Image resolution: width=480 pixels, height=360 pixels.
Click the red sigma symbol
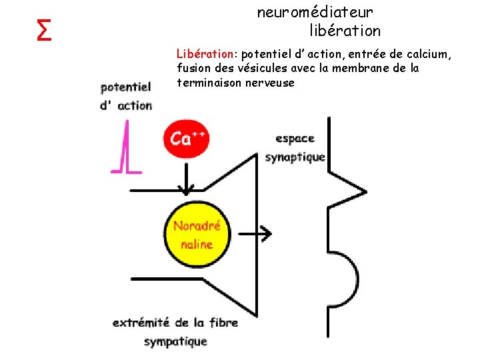(45, 29)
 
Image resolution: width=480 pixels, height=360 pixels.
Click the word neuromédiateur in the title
(315, 12)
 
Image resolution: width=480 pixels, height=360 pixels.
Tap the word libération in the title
(345, 31)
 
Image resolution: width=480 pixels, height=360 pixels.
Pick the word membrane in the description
(371, 68)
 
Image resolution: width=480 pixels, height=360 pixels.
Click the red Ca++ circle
(187, 139)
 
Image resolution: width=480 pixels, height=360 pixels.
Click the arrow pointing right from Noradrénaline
(256, 233)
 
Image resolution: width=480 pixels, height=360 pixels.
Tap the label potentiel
(126, 87)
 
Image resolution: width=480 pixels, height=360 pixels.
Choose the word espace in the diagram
(295, 139)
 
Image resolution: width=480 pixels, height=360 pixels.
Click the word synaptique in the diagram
(295, 157)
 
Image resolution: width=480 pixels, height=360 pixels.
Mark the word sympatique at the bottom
(175, 341)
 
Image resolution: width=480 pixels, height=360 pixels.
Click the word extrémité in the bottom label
(141, 323)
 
